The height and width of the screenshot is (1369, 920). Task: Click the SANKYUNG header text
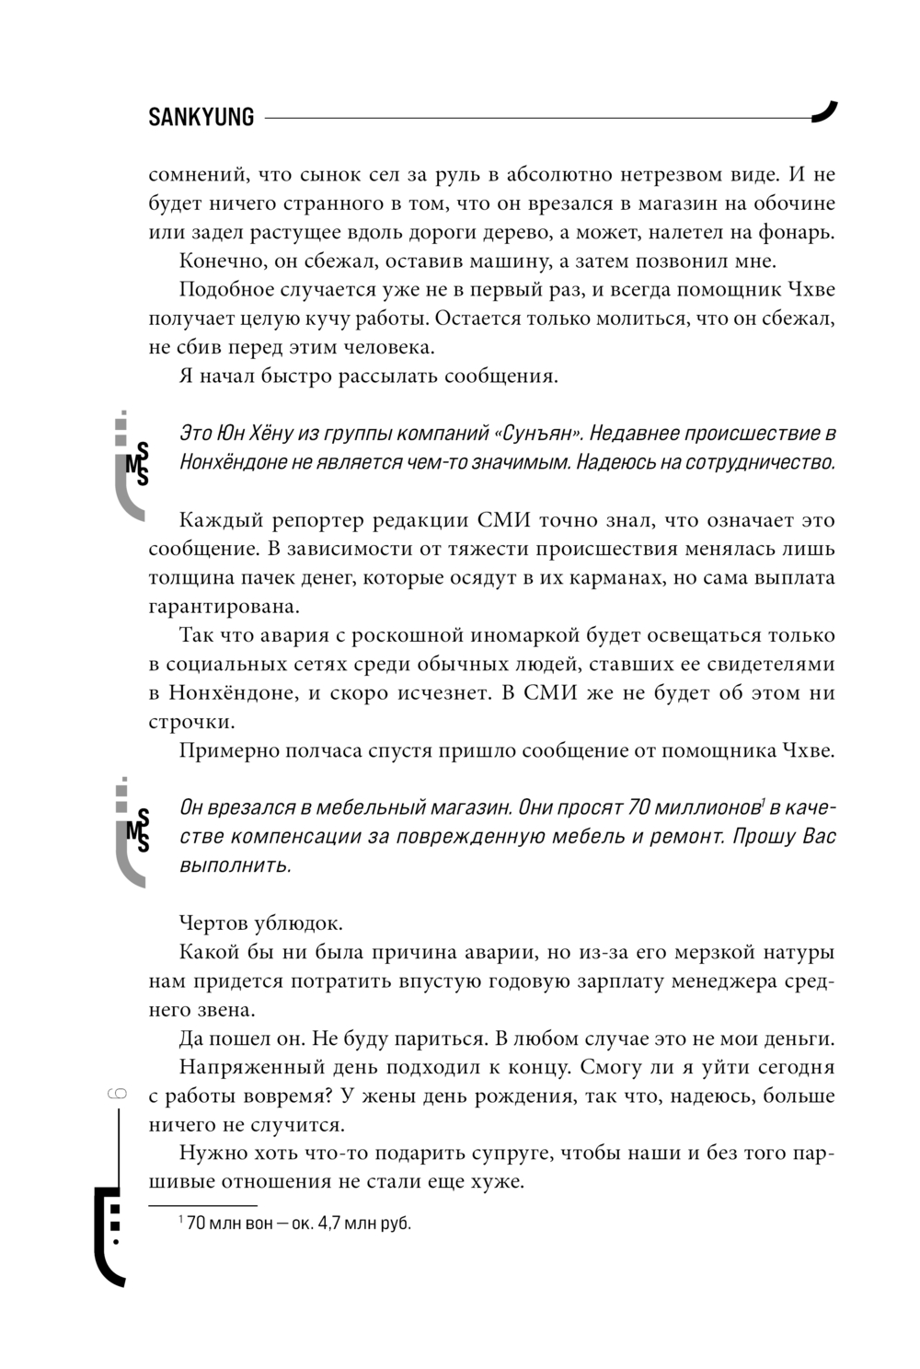pyautogui.click(x=201, y=117)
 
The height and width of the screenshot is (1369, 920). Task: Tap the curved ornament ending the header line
pyautogui.click(x=824, y=111)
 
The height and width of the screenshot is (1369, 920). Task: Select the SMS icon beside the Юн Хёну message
pyautogui.click(x=133, y=464)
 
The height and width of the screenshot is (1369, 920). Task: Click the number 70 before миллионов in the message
pyautogui.click(x=639, y=807)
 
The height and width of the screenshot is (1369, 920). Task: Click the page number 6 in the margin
pyautogui.click(x=118, y=1095)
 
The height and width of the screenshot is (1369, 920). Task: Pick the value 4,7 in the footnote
pyautogui.click(x=329, y=1224)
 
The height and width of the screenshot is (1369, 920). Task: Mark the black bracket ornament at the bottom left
pyautogui.click(x=108, y=1234)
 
